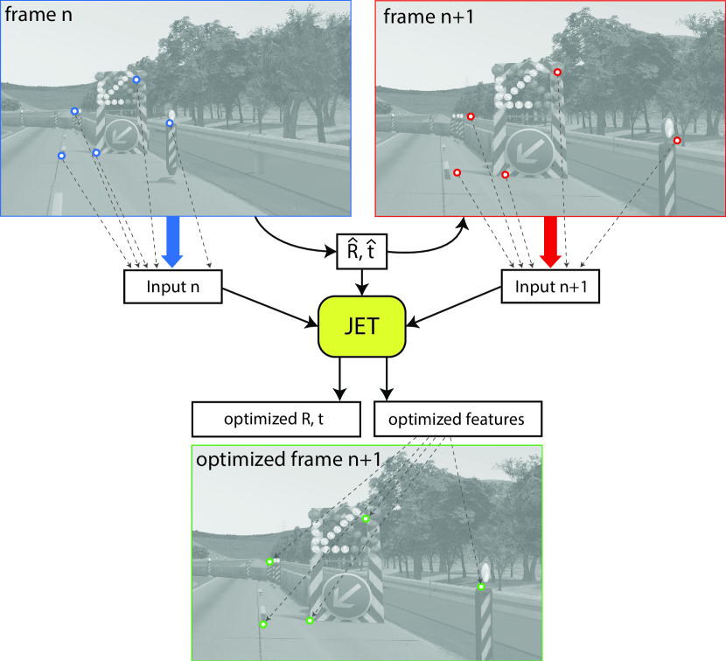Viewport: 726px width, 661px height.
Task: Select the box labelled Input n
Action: (173, 286)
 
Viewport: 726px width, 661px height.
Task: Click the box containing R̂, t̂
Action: (362, 252)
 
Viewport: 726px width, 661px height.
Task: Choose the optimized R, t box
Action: (271, 419)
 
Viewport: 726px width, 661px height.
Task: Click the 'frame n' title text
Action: (40, 16)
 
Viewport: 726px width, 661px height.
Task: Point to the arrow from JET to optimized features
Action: (385, 379)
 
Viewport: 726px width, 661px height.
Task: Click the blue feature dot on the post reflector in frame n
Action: (170, 123)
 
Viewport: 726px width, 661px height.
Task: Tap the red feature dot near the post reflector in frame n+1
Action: (677, 140)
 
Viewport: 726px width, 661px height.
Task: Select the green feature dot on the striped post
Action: (481, 587)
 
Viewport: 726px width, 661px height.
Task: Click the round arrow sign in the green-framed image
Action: (343, 598)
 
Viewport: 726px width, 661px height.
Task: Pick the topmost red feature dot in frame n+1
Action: (558, 72)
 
